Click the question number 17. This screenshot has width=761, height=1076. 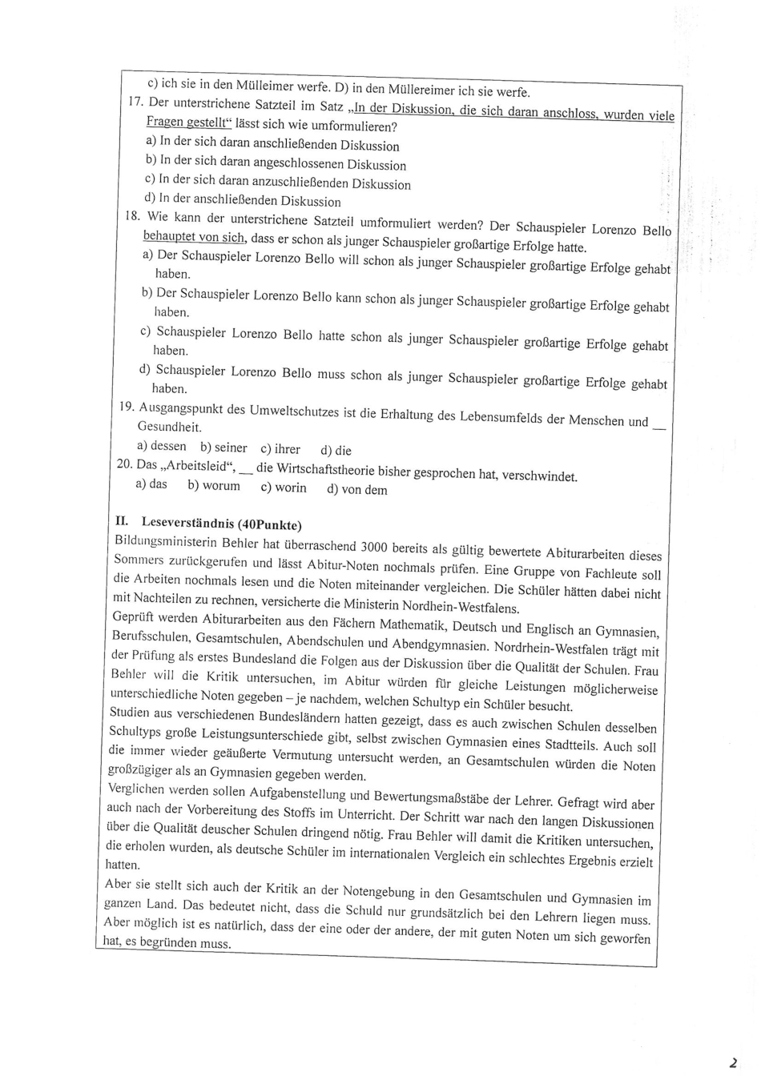coord(135,102)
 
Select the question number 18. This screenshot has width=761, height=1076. coord(133,215)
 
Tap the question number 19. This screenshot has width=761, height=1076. coord(127,406)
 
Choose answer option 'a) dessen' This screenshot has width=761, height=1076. coord(161,446)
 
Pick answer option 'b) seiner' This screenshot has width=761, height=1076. coord(223,448)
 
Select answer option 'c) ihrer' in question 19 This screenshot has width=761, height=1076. coord(280,449)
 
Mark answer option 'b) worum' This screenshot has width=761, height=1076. coord(214,485)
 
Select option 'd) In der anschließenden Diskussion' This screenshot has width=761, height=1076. coord(243,199)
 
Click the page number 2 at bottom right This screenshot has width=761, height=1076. coord(732,1062)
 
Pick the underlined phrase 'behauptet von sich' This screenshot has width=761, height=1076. coord(195,237)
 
